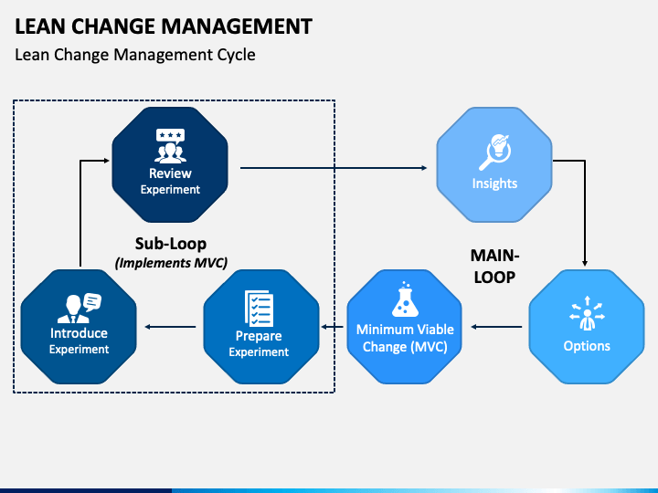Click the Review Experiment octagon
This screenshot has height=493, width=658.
pos(170,164)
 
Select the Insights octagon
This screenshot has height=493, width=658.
pos(494,164)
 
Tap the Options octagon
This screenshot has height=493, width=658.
pos(587,327)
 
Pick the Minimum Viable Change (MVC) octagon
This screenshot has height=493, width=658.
pos(405,327)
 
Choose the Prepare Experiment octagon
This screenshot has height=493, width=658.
pos(261,327)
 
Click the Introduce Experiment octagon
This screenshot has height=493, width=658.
pos(79,327)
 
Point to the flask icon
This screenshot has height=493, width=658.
pos(405,299)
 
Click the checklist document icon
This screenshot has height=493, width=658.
pos(259,309)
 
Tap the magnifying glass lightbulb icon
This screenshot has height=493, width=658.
pos(495,152)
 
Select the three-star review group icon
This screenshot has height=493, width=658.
pos(170,146)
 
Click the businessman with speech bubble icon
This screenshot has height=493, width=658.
pos(80,309)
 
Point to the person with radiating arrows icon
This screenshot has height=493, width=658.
pos(587,313)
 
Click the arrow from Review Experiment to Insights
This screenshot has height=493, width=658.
pos(334,168)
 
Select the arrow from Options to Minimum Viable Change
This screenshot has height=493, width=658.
pos(496,327)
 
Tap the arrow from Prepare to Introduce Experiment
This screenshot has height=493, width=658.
pos(170,327)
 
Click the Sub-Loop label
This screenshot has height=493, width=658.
pos(171,244)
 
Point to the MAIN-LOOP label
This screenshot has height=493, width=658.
pos(494,267)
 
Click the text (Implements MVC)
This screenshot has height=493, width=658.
pos(171,263)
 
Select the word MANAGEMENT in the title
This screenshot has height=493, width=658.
pos(237,26)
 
